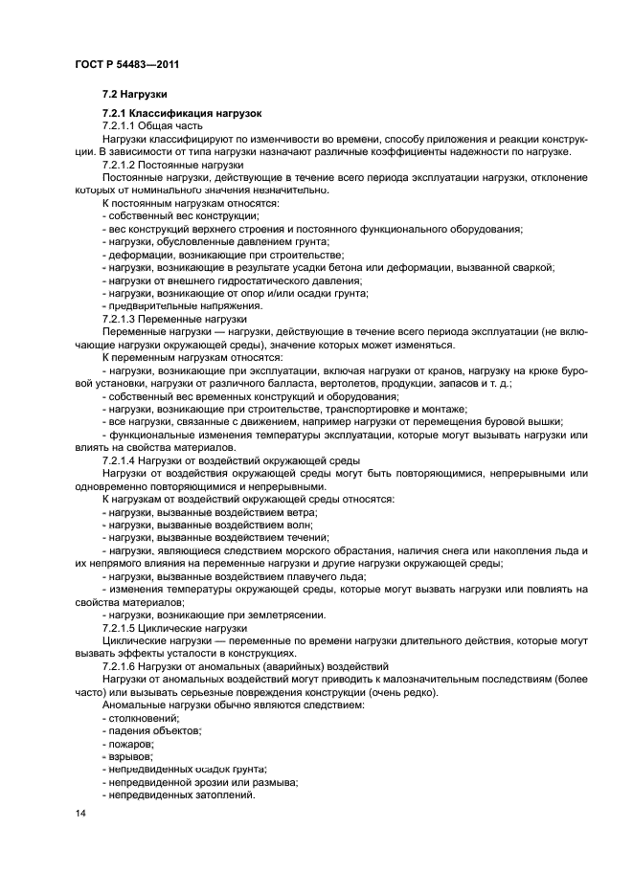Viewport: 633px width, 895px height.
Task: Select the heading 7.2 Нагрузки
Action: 134,95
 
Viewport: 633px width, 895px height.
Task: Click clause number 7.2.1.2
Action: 120,166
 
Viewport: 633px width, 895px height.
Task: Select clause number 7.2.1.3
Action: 120,319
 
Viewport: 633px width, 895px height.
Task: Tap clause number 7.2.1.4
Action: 120,460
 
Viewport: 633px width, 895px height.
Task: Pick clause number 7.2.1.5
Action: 120,628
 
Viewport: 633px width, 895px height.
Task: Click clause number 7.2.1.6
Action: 120,666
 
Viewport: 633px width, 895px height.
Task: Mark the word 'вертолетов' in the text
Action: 349,383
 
